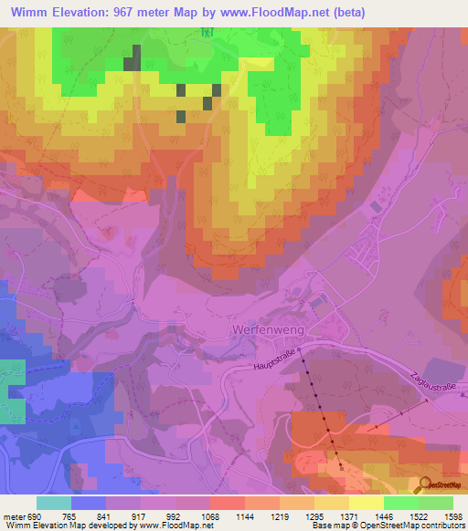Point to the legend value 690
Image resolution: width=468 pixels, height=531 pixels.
33,516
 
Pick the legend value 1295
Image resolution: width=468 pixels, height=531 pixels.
314,516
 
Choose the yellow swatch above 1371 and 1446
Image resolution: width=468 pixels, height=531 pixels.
366,503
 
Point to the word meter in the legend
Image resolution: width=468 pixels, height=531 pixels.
13,516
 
